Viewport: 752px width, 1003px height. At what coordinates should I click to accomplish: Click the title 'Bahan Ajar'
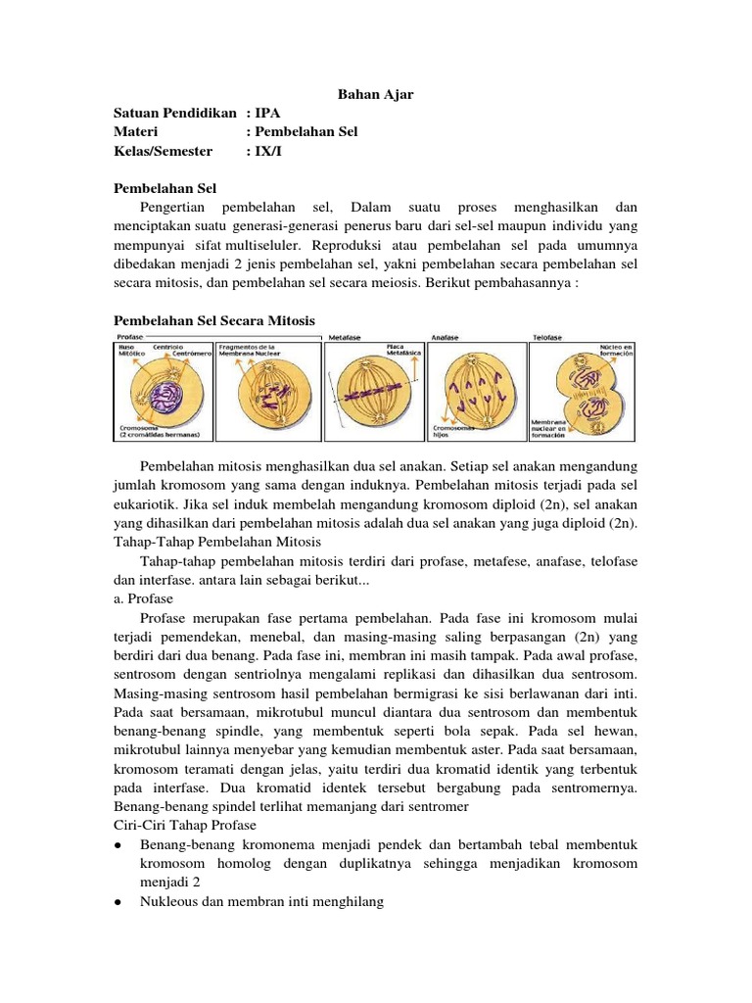pyautogui.click(x=376, y=94)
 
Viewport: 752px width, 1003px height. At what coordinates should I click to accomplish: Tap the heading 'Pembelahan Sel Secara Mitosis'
pyautogui.click(x=214, y=319)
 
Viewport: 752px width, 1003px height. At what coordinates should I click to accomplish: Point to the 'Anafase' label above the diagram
pyautogui.click(x=446, y=337)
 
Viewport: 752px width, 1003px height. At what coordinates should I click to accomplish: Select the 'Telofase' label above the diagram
pyautogui.click(x=547, y=337)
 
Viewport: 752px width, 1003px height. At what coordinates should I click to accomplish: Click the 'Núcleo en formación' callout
pyautogui.click(x=616, y=351)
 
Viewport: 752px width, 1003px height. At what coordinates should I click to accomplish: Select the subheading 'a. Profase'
pyautogui.click(x=144, y=598)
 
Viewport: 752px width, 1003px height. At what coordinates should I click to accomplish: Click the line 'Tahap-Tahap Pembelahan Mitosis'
pyautogui.click(x=224, y=542)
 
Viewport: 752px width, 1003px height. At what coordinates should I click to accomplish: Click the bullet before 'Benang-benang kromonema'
pyautogui.click(x=117, y=844)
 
